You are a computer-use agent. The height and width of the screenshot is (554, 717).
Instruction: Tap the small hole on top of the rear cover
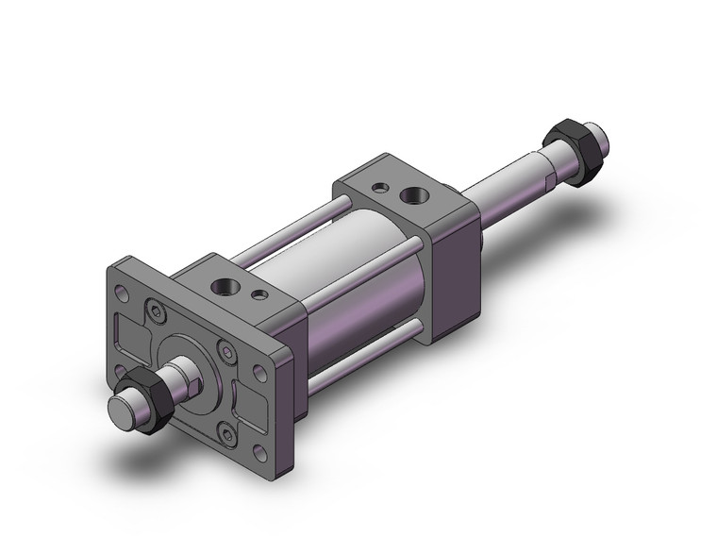click(x=379, y=188)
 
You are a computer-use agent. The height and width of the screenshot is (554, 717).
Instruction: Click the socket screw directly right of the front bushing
click(x=225, y=351)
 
